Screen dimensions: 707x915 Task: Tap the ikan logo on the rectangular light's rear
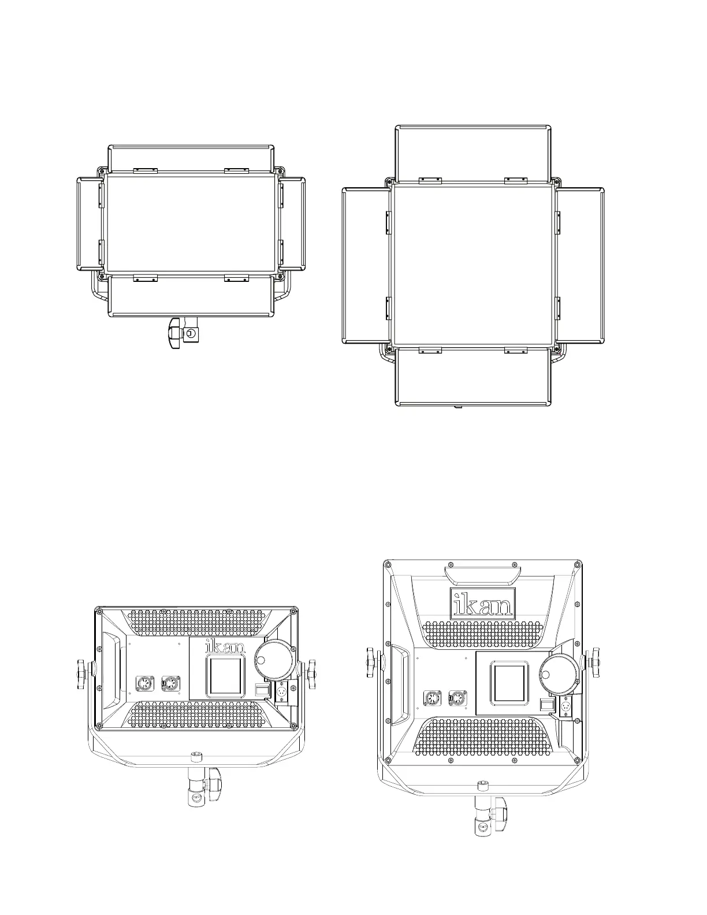coord(225,645)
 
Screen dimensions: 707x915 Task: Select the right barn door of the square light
coord(579,266)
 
